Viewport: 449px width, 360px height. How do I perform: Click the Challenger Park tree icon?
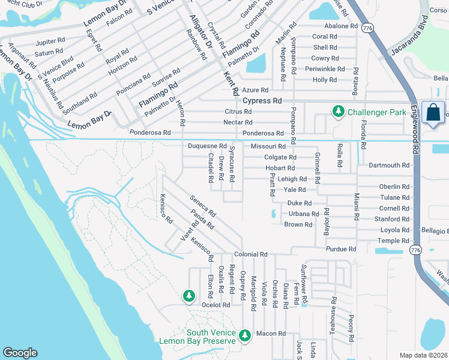pyautogui.click(x=339, y=111)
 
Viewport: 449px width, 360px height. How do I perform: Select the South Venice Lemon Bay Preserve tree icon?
pyautogui.click(x=244, y=335)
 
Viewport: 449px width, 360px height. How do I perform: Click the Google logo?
pyautogui.click(x=20, y=353)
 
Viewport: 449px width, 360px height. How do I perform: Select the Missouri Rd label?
pyautogui.click(x=268, y=146)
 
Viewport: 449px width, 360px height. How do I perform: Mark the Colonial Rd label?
pyautogui.click(x=250, y=254)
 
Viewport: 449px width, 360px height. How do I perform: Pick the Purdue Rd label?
pyautogui.click(x=341, y=249)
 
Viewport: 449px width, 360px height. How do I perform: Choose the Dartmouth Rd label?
pyautogui.click(x=388, y=165)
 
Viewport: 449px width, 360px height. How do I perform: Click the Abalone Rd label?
pyautogui.click(x=340, y=26)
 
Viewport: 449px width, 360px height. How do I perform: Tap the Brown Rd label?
pyautogui.click(x=298, y=224)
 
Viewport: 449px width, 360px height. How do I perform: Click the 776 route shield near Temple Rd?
pyautogui.click(x=415, y=249)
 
